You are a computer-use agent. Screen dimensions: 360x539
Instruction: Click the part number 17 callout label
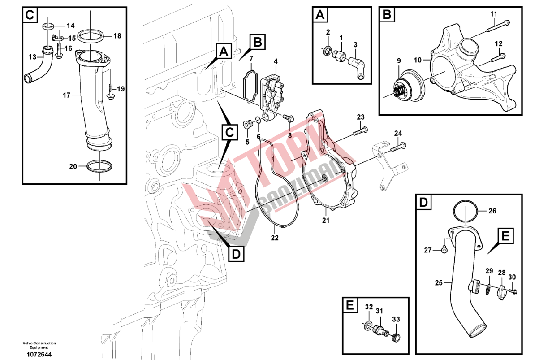[67, 95]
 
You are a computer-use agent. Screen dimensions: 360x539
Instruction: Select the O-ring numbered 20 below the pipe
[99, 166]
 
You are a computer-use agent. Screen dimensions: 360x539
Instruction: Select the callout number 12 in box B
[498, 43]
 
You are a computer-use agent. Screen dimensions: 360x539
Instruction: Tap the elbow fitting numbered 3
[359, 64]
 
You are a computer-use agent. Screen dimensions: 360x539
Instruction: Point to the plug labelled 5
[246, 123]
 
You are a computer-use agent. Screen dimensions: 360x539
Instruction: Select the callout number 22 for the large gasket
[274, 238]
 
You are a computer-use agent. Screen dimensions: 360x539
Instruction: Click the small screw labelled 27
[444, 248]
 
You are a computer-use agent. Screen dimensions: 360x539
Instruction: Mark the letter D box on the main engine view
[236, 254]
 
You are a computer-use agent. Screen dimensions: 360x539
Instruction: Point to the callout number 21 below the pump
[326, 220]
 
